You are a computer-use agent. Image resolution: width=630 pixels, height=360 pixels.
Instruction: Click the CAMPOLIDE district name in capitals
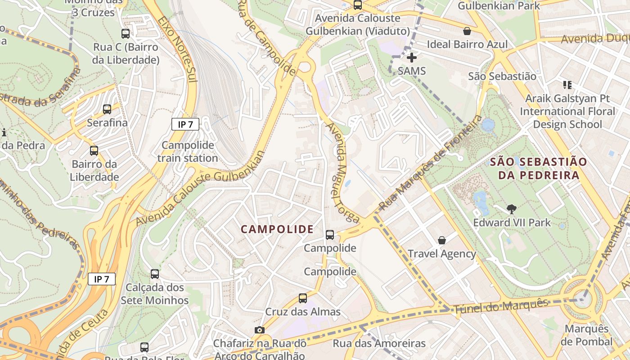pyautogui.click(x=277, y=229)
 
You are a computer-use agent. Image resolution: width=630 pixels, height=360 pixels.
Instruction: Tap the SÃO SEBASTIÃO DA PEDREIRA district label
pyautogui.click(x=538, y=168)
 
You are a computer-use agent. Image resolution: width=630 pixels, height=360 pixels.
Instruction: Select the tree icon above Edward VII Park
pyautogui.click(x=511, y=209)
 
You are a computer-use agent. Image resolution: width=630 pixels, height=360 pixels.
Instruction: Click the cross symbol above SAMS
pyautogui.click(x=411, y=58)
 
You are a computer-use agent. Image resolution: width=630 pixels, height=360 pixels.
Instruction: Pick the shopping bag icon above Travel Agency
pyautogui.click(x=442, y=240)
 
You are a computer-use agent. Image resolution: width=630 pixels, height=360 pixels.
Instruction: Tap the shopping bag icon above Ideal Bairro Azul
pyautogui.click(x=467, y=31)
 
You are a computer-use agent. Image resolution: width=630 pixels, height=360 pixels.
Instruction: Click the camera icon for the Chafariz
pyautogui.click(x=259, y=330)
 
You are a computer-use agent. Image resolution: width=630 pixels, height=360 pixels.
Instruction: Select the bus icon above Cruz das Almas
pyautogui.click(x=303, y=298)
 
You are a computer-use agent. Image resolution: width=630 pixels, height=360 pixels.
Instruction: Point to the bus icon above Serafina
pyautogui.click(x=107, y=109)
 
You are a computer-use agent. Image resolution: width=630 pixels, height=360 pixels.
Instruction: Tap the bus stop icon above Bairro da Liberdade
pyautogui.click(x=94, y=150)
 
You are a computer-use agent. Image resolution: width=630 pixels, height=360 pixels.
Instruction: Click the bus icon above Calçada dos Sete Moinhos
pyautogui.click(x=155, y=274)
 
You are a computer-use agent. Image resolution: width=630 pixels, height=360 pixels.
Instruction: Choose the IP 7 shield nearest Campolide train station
pyautogui.click(x=185, y=125)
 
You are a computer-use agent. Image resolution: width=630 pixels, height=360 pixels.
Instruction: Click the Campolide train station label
pyautogui.click(x=188, y=152)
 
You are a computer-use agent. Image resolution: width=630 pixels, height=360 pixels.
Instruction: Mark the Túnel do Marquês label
pyautogui.click(x=500, y=306)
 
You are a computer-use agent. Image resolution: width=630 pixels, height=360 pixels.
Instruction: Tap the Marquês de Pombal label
pyautogui.click(x=586, y=335)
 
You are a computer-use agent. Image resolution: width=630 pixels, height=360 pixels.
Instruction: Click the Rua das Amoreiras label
pyautogui.click(x=379, y=343)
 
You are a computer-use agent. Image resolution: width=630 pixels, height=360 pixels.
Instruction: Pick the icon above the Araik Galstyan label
pyautogui.click(x=567, y=85)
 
